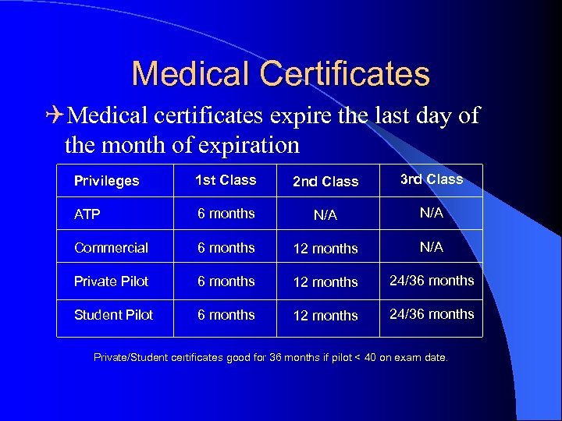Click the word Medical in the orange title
(190, 74)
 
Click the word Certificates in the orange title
(345, 74)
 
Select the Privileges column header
(106, 181)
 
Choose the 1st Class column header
(226, 180)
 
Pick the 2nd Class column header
(325, 182)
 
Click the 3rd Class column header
(431, 179)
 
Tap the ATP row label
(87, 214)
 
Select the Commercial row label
(111, 248)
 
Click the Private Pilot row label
(111, 281)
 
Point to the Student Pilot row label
(113, 315)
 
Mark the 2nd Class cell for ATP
(325, 215)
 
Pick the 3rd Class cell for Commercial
(432, 247)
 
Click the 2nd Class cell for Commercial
(325, 249)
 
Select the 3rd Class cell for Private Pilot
(432, 281)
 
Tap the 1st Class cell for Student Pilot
(226, 315)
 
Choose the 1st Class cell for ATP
(226, 214)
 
